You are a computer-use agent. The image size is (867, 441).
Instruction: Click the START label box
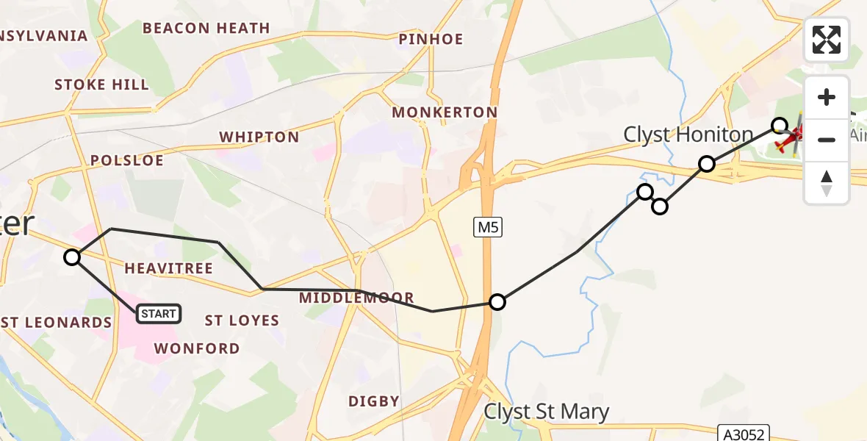pos(158,314)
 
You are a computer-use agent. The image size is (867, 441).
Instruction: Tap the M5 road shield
pos(488,228)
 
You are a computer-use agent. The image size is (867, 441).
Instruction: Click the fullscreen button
pos(827,40)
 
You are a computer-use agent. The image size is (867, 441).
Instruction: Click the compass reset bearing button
pos(827,183)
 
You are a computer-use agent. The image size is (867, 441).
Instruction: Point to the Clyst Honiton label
pos(688,135)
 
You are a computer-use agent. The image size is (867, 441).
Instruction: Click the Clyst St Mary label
pos(546,412)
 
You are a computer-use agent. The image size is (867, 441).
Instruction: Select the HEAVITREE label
pos(168,269)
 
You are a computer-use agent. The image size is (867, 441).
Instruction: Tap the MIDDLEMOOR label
pos(357,298)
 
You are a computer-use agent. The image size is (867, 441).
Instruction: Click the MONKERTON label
pos(445,112)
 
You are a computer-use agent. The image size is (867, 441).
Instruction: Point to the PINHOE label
pos(431,39)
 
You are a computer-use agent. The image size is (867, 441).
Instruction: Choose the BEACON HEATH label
pos(206,29)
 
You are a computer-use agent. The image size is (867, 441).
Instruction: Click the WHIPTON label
pos(259,137)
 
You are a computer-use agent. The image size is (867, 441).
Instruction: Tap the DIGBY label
pos(374,401)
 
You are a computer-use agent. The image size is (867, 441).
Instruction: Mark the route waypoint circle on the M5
pos(497,302)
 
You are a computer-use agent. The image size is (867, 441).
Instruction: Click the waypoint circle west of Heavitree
pos(72,257)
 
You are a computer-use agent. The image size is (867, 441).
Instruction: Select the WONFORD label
pos(197,348)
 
